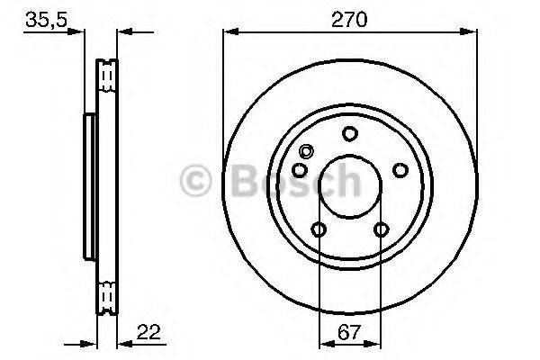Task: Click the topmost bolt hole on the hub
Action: [x=349, y=134]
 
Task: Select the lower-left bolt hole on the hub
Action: [x=319, y=229]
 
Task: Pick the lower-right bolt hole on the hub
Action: [x=381, y=229]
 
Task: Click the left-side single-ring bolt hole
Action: [x=300, y=170]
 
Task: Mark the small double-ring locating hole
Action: [x=306, y=151]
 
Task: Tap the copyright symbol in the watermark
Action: [x=196, y=182]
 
